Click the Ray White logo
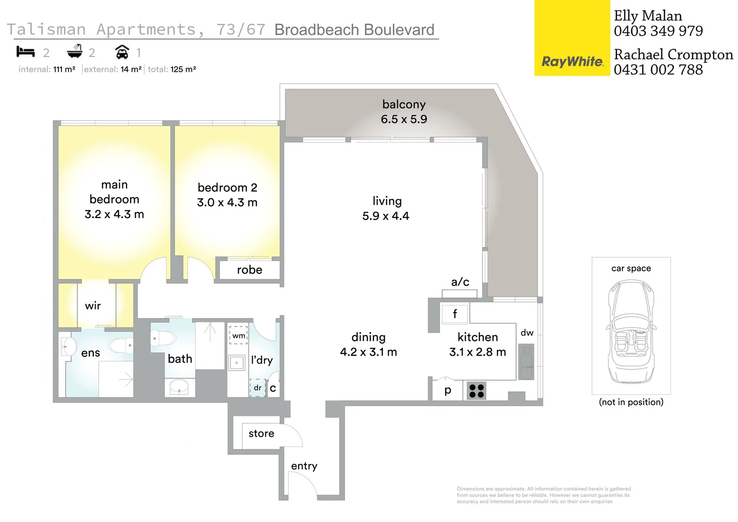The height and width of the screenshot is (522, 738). pyautogui.click(x=572, y=61)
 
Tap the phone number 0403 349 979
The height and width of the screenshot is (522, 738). pyautogui.click(x=658, y=31)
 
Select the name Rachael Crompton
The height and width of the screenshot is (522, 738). pyautogui.click(x=673, y=55)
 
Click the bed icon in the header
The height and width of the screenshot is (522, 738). pyautogui.click(x=26, y=52)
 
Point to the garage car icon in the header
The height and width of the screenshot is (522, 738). pyautogui.click(x=122, y=52)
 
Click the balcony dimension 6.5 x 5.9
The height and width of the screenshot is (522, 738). pyautogui.click(x=404, y=119)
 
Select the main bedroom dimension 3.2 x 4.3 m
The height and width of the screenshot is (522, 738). pyautogui.click(x=114, y=214)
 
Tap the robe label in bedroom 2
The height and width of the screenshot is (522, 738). pyautogui.click(x=249, y=270)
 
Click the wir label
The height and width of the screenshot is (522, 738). pyautogui.click(x=93, y=305)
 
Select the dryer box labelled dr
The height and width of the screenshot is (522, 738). pyautogui.click(x=258, y=388)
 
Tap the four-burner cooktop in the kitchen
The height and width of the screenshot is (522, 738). pyautogui.click(x=477, y=391)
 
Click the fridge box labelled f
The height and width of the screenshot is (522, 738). pyautogui.click(x=455, y=314)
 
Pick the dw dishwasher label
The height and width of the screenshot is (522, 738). pyautogui.click(x=527, y=333)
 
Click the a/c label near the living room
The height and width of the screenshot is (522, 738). pyautogui.click(x=460, y=282)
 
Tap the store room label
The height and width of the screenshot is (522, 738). pyautogui.click(x=261, y=434)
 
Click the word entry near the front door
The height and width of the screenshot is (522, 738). pyautogui.click(x=304, y=466)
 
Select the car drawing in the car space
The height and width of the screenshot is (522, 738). pyautogui.click(x=631, y=332)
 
